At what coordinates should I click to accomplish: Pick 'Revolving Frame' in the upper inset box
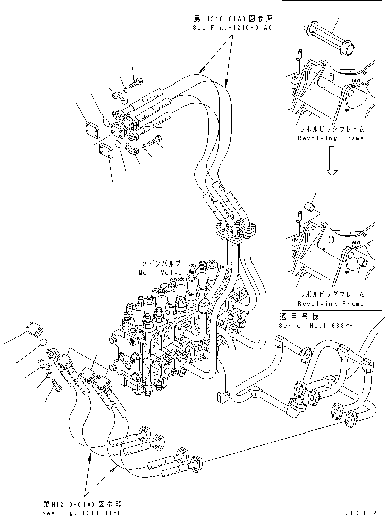click(x=331, y=138)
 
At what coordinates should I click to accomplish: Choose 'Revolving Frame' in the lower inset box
click(x=331, y=304)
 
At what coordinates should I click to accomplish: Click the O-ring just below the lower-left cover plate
click(x=43, y=342)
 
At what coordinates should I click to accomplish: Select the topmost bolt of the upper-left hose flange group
click(x=137, y=81)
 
